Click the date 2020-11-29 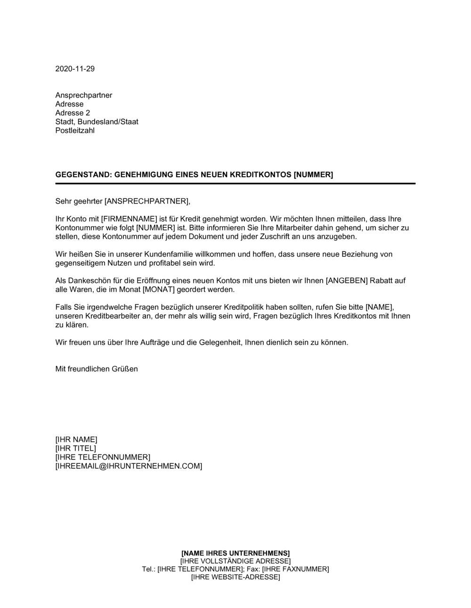(x=75, y=69)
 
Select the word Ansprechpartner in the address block (x=84, y=95)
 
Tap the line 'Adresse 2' (x=73, y=113)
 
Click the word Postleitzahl (x=75, y=131)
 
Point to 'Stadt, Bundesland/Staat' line (x=97, y=122)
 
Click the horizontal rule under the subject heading (x=235, y=183)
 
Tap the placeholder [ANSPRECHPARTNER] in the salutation (x=146, y=201)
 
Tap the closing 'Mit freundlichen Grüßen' (x=97, y=369)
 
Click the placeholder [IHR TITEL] (x=75, y=448)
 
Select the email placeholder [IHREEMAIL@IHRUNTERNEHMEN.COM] (x=129, y=466)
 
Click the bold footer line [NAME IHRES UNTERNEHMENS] (x=235, y=553)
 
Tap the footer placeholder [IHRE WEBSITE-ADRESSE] (x=235, y=577)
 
